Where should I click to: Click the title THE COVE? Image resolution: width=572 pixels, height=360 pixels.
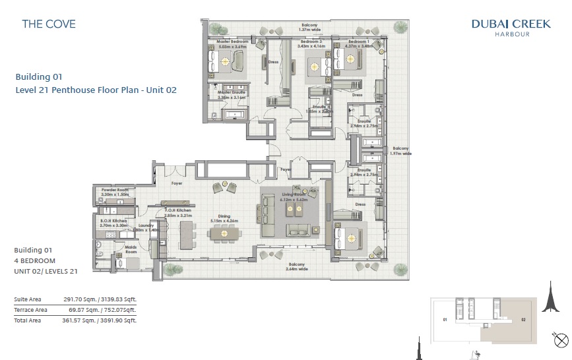(49, 24)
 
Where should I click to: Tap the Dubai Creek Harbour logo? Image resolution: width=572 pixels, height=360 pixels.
(511, 27)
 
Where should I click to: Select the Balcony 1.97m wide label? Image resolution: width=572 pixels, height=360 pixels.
(401, 150)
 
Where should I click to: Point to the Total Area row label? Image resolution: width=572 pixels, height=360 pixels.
(28, 320)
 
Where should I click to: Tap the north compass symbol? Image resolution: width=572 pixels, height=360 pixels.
(561, 341)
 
